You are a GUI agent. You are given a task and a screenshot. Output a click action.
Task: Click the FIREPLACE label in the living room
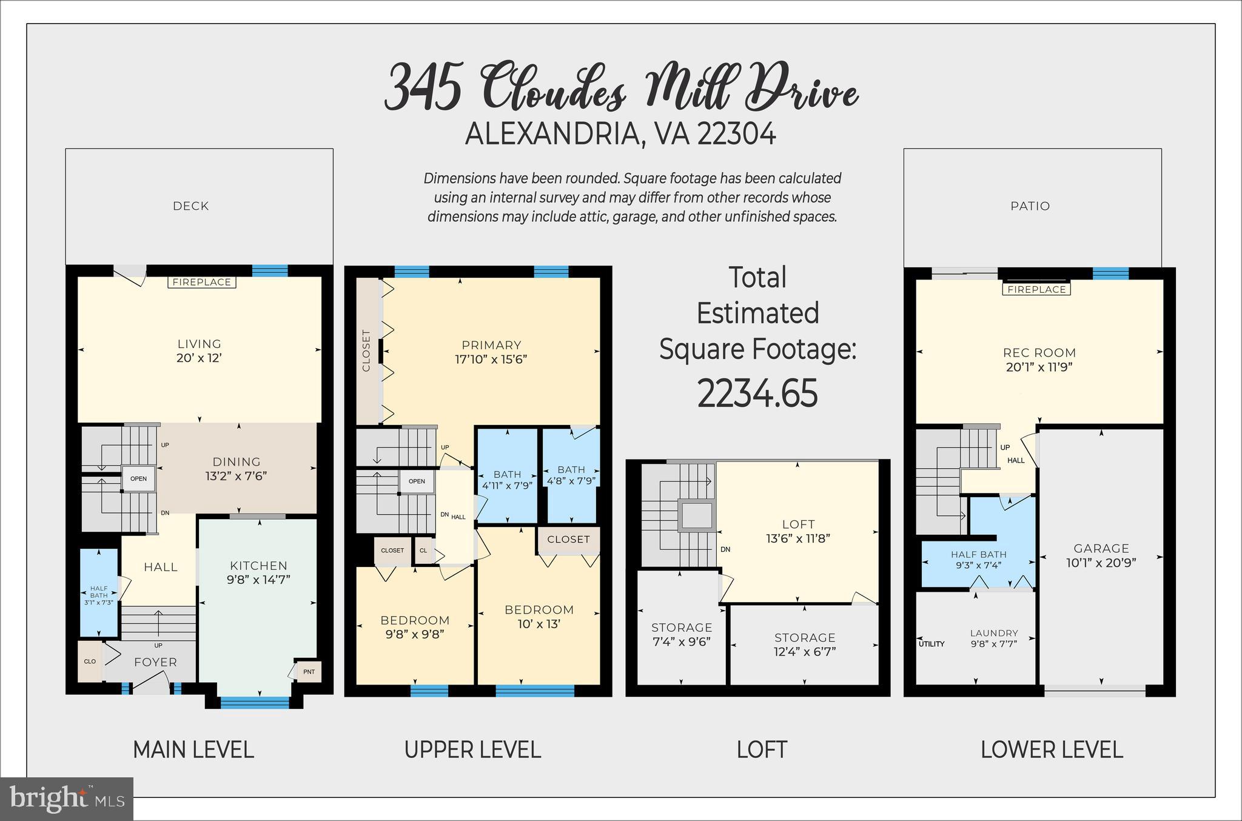201,282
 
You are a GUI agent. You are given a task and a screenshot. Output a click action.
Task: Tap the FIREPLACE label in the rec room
1036,289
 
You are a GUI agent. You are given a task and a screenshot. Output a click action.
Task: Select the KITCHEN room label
258,566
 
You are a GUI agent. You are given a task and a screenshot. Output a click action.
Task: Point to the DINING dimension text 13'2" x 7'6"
236,476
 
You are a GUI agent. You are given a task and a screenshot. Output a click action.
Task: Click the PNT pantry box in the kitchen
309,671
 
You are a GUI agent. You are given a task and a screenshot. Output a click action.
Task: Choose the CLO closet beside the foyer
90,661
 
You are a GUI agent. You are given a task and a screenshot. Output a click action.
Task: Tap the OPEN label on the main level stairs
138,479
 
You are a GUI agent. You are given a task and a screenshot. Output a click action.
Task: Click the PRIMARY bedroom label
491,345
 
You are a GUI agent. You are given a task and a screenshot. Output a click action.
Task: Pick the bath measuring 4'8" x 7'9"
571,475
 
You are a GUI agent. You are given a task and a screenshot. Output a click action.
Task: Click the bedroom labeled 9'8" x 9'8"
415,626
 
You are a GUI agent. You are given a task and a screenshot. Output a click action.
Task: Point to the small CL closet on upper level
423,551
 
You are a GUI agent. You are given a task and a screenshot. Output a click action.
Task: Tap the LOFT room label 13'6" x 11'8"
797,531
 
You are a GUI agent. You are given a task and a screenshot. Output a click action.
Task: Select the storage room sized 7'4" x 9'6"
681,634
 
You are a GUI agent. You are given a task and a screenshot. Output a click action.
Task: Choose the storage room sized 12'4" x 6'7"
805,644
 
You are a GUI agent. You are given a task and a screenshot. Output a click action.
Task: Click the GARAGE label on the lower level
1101,548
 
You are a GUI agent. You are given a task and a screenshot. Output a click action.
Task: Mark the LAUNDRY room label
994,633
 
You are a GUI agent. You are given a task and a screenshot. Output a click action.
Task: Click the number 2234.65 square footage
757,393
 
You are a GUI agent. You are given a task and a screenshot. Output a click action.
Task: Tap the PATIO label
1030,206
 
